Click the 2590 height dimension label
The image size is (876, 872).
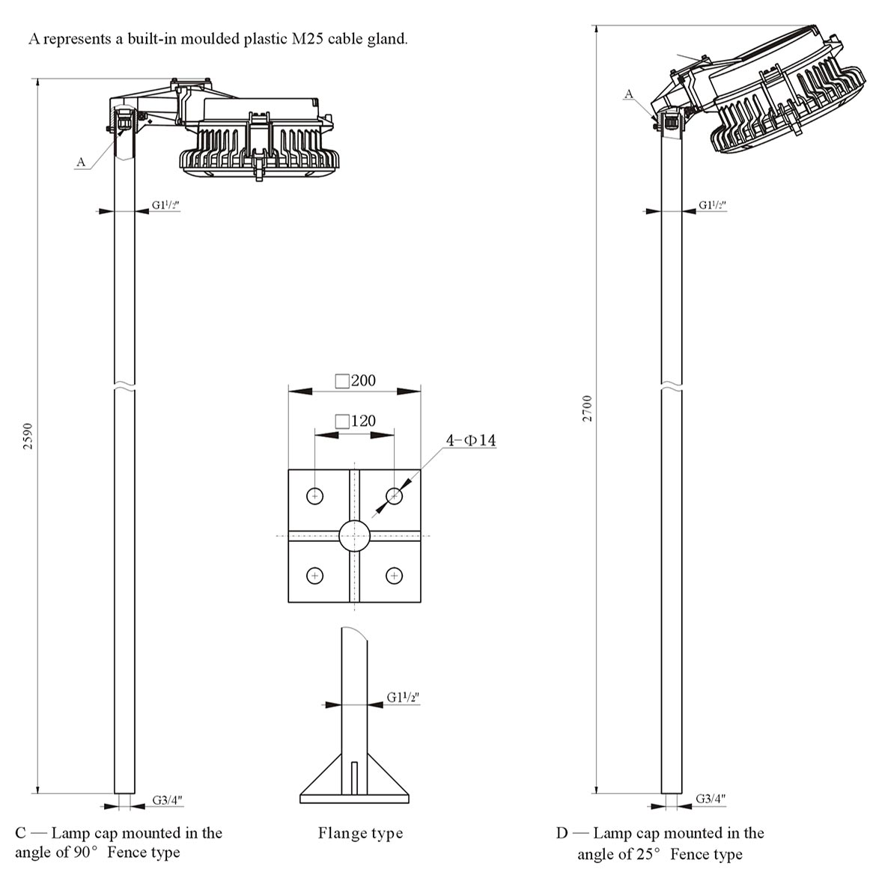coord(28,436)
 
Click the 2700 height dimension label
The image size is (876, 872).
coord(587,409)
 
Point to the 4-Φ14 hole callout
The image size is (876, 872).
coord(471,440)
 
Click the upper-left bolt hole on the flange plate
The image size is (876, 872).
coord(315,496)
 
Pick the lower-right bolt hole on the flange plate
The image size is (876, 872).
coord(394,575)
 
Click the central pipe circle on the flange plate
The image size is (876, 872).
coord(354,535)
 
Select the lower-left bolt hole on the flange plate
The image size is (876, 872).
coord(315,575)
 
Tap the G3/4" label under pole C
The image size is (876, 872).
coord(167,800)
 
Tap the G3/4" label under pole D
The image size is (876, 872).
coord(711,799)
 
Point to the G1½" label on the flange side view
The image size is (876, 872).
coord(403,698)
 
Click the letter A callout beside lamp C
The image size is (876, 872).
coord(81,162)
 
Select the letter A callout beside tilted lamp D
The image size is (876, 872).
coord(629,94)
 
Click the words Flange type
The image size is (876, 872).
coord(360,833)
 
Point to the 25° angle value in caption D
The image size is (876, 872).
coord(648,853)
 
